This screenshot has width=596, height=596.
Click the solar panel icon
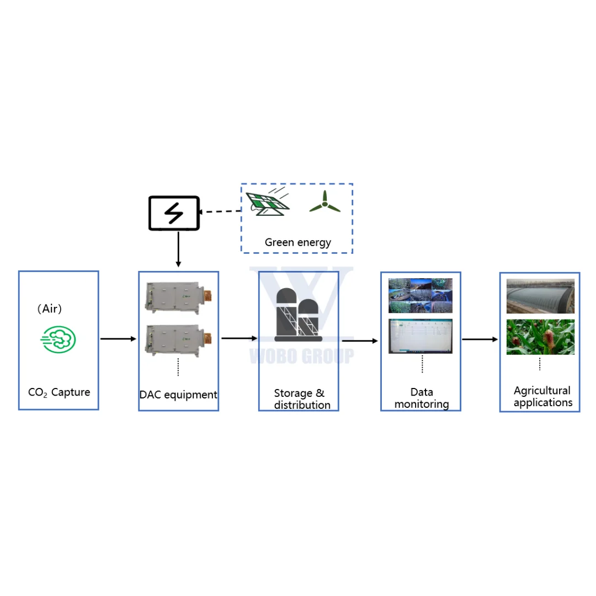click(267, 203)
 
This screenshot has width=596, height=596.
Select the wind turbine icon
click(324, 203)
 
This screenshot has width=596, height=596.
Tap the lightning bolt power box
click(174, 213)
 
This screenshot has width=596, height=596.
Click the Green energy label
click(297, 242)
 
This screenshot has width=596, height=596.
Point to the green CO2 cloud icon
click(58, 339)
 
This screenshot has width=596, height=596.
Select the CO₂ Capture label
click(59, 392)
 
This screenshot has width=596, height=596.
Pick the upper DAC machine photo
click(178, 296)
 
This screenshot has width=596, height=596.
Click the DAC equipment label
click(178, 395)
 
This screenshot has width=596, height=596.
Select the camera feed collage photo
click(421, 295)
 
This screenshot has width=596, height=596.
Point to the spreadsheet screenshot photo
click(421, 336)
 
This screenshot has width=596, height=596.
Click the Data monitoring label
click(422, 398)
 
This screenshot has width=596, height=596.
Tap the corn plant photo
click(540, 337)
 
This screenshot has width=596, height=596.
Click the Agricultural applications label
click(542, 396)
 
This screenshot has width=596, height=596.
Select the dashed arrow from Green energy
click(221, 211)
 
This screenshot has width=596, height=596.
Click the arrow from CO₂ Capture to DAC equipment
click(118, 339)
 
